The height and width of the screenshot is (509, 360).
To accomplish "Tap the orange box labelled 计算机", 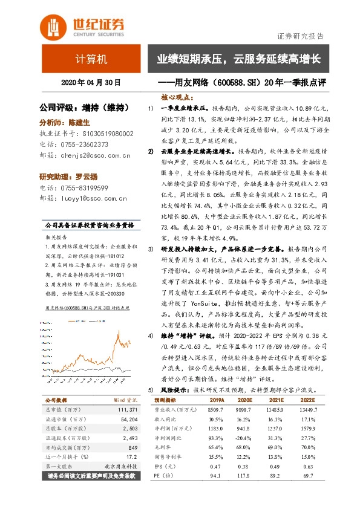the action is [91, 59].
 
